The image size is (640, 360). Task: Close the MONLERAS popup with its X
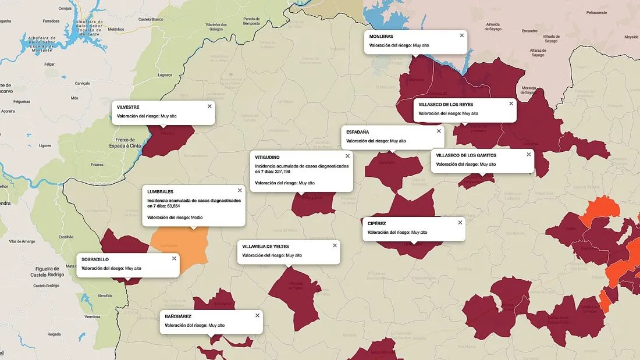coord(462,35)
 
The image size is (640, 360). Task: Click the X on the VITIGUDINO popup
coord(348,156)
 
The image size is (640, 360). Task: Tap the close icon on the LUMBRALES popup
coord(240,190)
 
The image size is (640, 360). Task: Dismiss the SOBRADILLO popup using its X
coord(174,258)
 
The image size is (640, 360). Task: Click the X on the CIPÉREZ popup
coord(460,222)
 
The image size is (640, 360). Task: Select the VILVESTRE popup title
coord(129,107)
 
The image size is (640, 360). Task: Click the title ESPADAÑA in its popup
coord(357,132)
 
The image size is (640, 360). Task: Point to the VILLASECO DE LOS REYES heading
coord(446,104)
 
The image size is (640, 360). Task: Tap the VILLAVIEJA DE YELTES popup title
coord(265,246)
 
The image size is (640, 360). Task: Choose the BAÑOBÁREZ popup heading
coord(178,316)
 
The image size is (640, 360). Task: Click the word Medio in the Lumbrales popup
coord(197,217)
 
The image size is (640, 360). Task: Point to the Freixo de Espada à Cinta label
coord(125,142)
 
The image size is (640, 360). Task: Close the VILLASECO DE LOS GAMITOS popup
coord(529,154)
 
